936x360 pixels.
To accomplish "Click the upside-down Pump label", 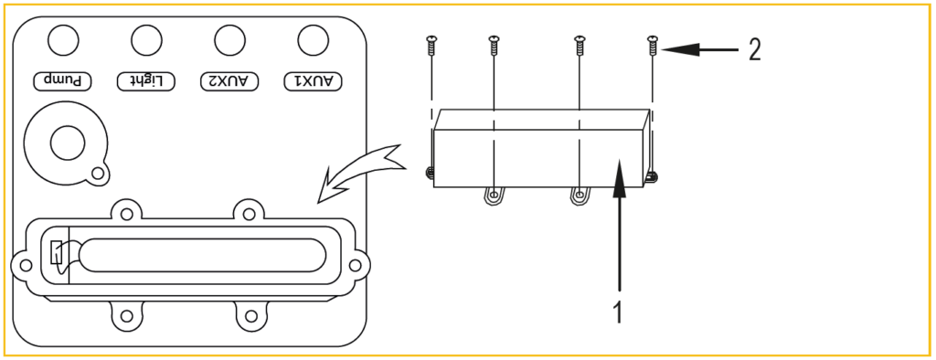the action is pos(62,81).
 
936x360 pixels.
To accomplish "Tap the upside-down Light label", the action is pos(145,81).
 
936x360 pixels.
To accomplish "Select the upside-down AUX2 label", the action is pos(229,81).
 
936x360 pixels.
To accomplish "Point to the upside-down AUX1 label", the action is pos(313,81).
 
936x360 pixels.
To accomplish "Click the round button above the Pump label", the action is pos(63,41).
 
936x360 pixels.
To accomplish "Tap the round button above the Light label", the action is pos(146,41).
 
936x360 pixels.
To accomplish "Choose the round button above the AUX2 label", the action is pos(229,41).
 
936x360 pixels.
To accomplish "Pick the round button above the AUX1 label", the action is pos(314,41).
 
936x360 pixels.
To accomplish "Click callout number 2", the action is pos(754,50).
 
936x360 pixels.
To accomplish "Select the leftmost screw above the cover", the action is pos(431,46).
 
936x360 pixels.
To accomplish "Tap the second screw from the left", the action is pos(494,46).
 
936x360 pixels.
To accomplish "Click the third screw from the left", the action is pos(579,46).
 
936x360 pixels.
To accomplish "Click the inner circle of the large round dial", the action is pos(68,143).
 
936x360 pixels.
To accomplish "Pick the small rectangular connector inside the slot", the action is pos(56,252).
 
